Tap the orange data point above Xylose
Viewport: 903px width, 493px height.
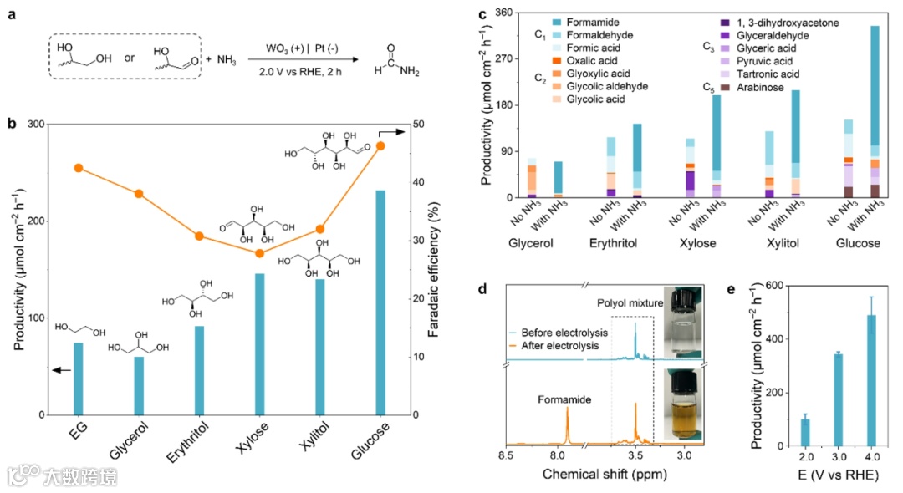pyautogui.click(x=260, y=253)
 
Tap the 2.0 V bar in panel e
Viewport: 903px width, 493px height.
pyautogui.click(x=806, y=432)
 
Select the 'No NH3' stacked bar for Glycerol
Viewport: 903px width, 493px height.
pyautogui.click(x=532, y=177)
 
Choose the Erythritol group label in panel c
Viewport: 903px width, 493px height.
pyautogui.click(x=624, y=243)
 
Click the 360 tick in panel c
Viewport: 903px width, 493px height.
pyautogui.click(x=505, y=13)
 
